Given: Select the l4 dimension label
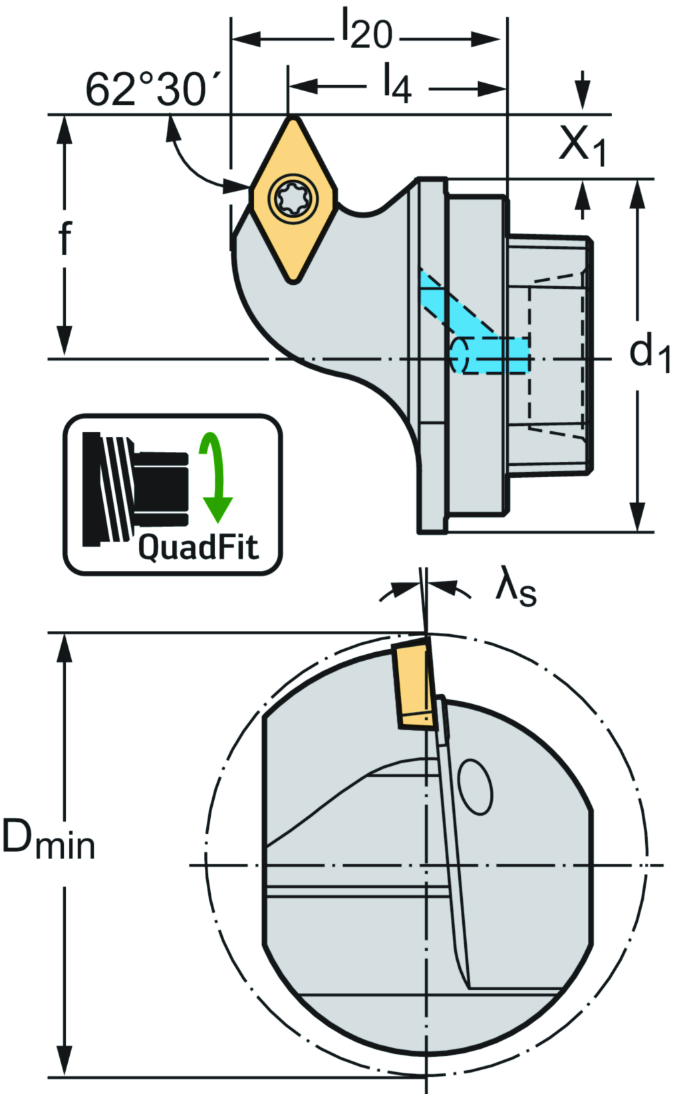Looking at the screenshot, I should click(397, 85).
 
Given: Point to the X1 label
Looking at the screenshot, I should click(582, 144).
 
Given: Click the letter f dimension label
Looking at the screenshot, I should click(65, 238).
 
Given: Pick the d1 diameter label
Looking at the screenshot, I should click(649, 353).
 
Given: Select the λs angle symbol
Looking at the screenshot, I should click(515, 589).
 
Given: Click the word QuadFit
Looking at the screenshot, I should click(198, 548).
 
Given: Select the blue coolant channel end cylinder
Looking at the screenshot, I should click(458, 354).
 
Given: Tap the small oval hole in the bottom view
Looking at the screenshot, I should click(476, 787).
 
